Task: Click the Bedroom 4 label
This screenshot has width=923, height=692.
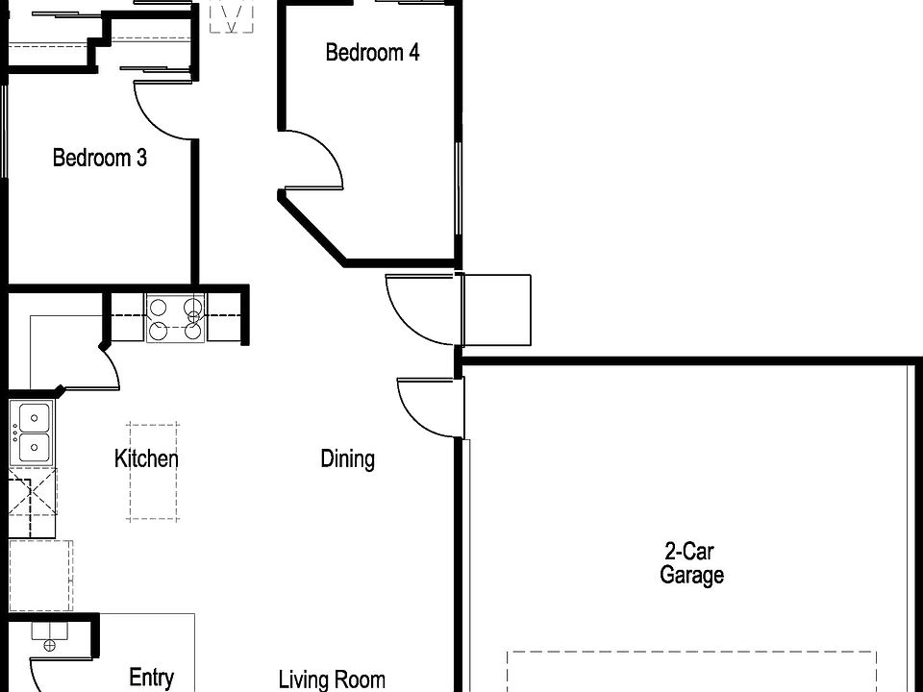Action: pyautogui.click(x=372, y=52)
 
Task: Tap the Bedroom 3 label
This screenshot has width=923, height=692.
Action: pyautogui.click(x=99, y=158)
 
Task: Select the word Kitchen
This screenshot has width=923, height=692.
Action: pyautogui.click(x=146, y=458)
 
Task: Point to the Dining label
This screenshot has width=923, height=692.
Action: pyautogui.click(x=347, y=458)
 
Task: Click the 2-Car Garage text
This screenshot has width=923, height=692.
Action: pyautogui.click(x=691, y=563)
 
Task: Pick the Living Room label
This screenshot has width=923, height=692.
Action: pyautogui.click(x=332, y=680)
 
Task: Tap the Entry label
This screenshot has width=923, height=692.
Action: pyautogui.click(x=151, y=678)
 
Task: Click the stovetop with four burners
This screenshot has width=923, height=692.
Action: pyautogui.click(x=175, y=319)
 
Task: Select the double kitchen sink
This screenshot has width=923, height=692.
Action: pyautogui.click(x=32, y=432)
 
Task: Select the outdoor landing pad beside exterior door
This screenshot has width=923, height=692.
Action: pyautogui.click(x=496, y=309)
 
